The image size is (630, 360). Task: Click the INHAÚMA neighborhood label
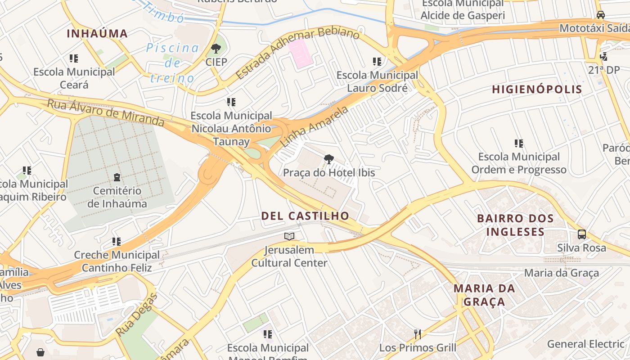click(x=97, y=33)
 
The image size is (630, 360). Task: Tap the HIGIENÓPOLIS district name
click(x=537, y=89)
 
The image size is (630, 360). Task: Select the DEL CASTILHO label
click(x=305, y=216)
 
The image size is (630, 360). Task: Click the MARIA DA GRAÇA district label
click(x=484, y=295)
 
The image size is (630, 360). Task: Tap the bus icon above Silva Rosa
click(x=581, y=234)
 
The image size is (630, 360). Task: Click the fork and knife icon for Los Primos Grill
click(x=418, y=334)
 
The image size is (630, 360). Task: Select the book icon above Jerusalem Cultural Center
click(x=289, y=236)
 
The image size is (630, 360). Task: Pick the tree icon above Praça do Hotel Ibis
click(x=329, y=159)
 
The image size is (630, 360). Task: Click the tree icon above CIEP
click(x=216, y=48)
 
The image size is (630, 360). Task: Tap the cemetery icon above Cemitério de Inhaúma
click(x=117, y=177)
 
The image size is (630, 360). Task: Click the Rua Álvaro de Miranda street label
click(x=106, y=113)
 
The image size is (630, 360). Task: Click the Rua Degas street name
click(x=137, y=314)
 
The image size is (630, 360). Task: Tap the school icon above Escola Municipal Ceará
click(x=74, y=58)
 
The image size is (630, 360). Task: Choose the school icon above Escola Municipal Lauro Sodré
click(x=377, y=61)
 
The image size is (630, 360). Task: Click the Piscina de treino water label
click(x=172, y=63)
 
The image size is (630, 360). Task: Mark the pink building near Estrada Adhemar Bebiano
click(x=300, y=54)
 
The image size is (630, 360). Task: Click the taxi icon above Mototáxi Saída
click(x=600, y=15)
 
